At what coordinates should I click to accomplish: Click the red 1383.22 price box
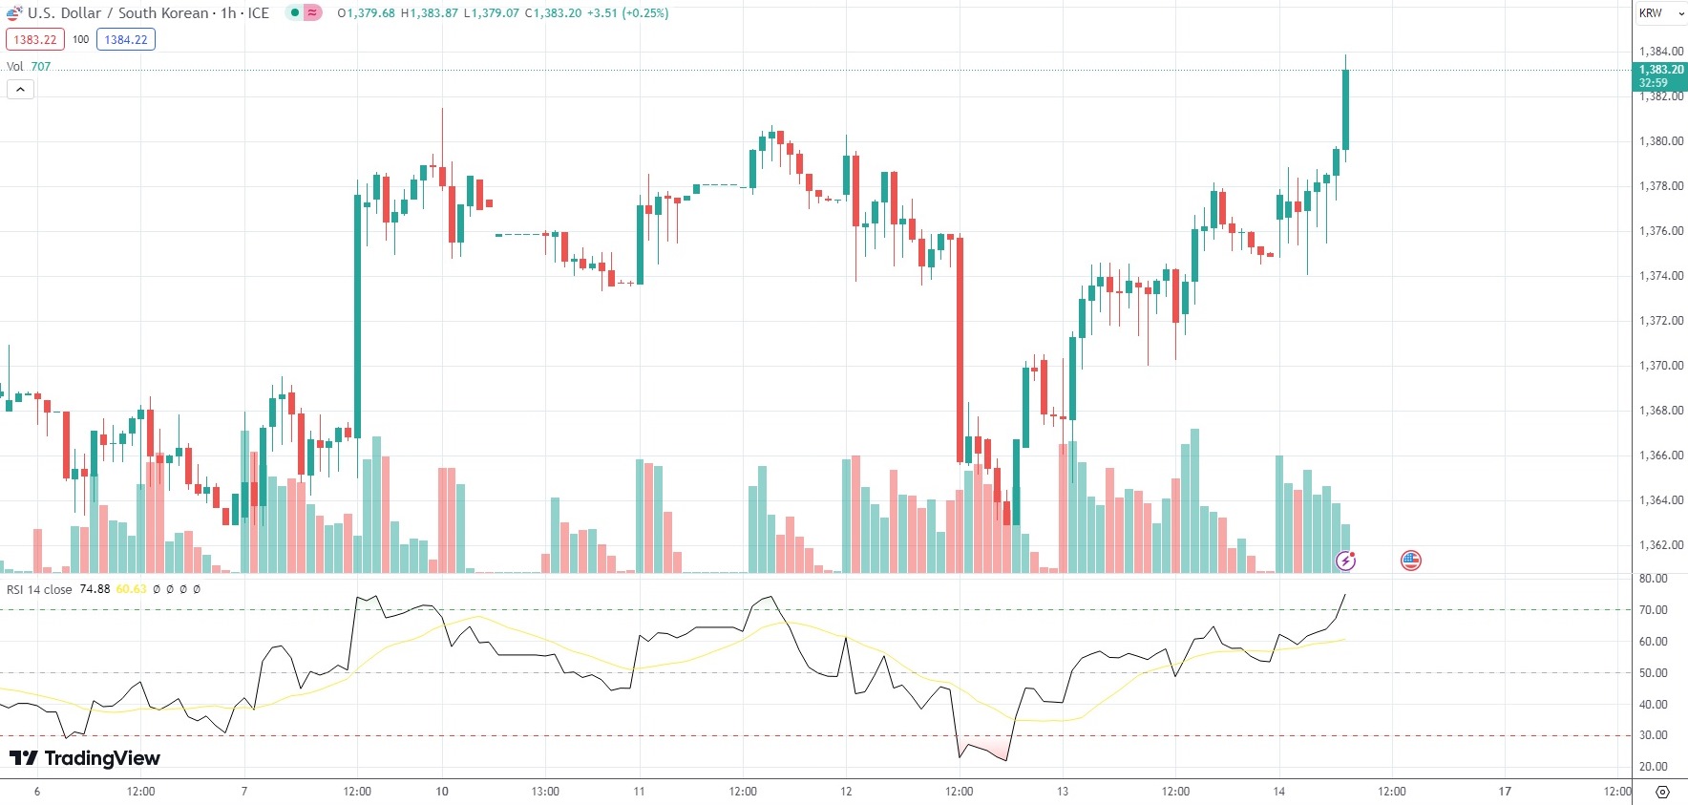[35, 39]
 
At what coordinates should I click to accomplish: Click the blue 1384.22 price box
[126, 39]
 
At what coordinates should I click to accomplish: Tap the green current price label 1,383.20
[1660, 70]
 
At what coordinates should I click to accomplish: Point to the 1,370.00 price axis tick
[1660, 366]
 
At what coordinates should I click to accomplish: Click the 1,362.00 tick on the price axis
[1660, 545]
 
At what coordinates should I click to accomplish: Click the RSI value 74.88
[95, 589]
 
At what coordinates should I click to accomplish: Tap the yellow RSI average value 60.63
[132, 589]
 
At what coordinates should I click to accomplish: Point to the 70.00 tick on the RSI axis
[1653, 609]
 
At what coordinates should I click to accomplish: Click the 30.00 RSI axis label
[1653, 735]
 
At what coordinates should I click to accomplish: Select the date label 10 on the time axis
[442, 791]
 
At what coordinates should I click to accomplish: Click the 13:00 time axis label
[545, 791]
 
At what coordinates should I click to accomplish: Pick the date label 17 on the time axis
[1505, 791]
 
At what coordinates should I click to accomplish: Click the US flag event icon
[1410, 561]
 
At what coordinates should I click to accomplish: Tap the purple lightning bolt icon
[1345, 561]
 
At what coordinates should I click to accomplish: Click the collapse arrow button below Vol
[20, 90]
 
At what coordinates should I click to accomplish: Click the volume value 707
[41, 67]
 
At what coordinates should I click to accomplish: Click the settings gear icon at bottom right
[1662, 792]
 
